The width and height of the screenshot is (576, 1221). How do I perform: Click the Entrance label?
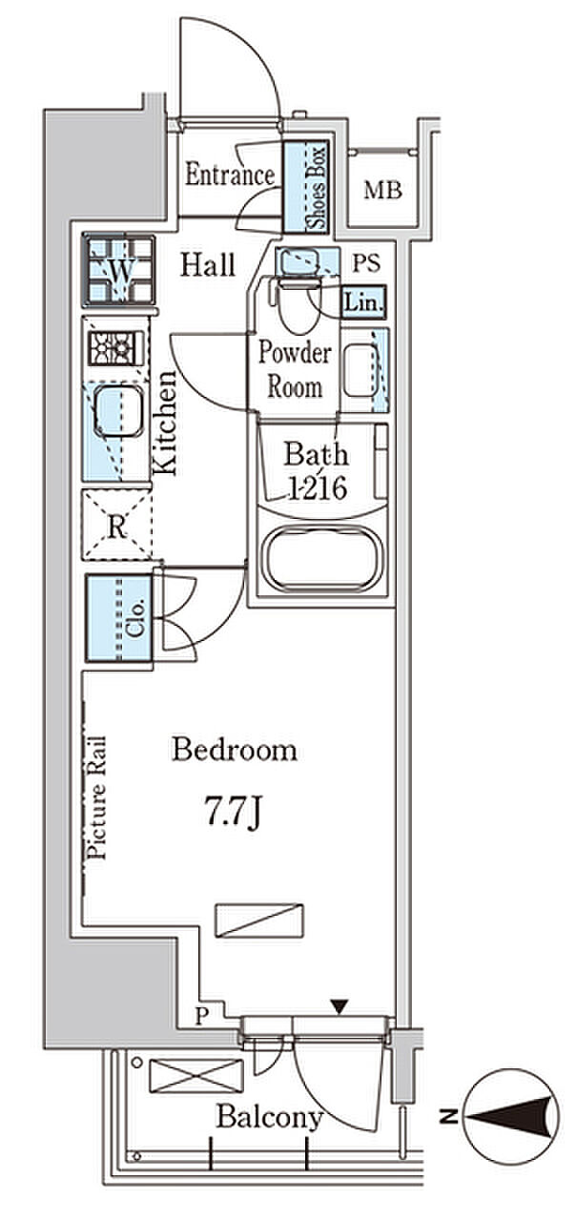click(x=230, y=175)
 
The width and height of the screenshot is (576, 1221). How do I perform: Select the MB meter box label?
click(x=382, y=190)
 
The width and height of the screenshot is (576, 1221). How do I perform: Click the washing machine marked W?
click(x=119, y=270)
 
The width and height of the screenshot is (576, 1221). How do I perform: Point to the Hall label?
click(x=208, y=265)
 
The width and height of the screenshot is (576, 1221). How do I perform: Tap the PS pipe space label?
click(x=366, y=263)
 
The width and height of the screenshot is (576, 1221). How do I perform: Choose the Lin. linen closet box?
click(x=363, y=302)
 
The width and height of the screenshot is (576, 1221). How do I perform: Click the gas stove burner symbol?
click(x=115, y=347)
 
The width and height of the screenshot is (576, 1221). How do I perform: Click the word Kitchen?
click(x=165, y=423)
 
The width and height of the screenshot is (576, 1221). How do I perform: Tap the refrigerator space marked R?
click(x=116, y=525)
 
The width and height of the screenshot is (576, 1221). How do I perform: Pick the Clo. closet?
click(x=119, y=619)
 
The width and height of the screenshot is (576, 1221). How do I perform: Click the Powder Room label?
click(x=295, y=369)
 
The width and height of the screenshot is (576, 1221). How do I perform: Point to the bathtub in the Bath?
click(x=320, y=557)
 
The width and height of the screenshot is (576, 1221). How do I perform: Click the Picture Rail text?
click(x=97, y=798)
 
